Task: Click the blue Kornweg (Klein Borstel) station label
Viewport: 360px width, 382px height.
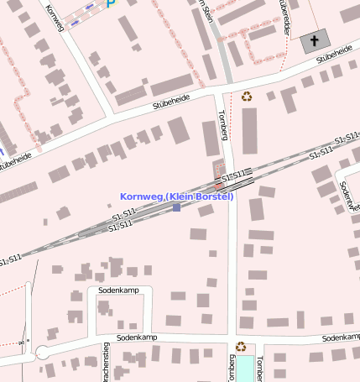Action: pos(176,196)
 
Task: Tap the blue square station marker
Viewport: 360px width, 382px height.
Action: pos(176,207)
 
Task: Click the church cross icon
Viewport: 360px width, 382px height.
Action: pos(316,40)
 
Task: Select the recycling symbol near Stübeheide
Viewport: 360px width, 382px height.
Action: pos(247,97)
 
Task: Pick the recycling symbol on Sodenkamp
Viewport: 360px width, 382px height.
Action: pos(241,346)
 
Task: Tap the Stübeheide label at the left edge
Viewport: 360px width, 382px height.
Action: pos(17,161)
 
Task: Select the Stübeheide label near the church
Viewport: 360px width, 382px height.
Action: pos(334,55)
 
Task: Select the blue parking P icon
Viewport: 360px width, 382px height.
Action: pos(110,3)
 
